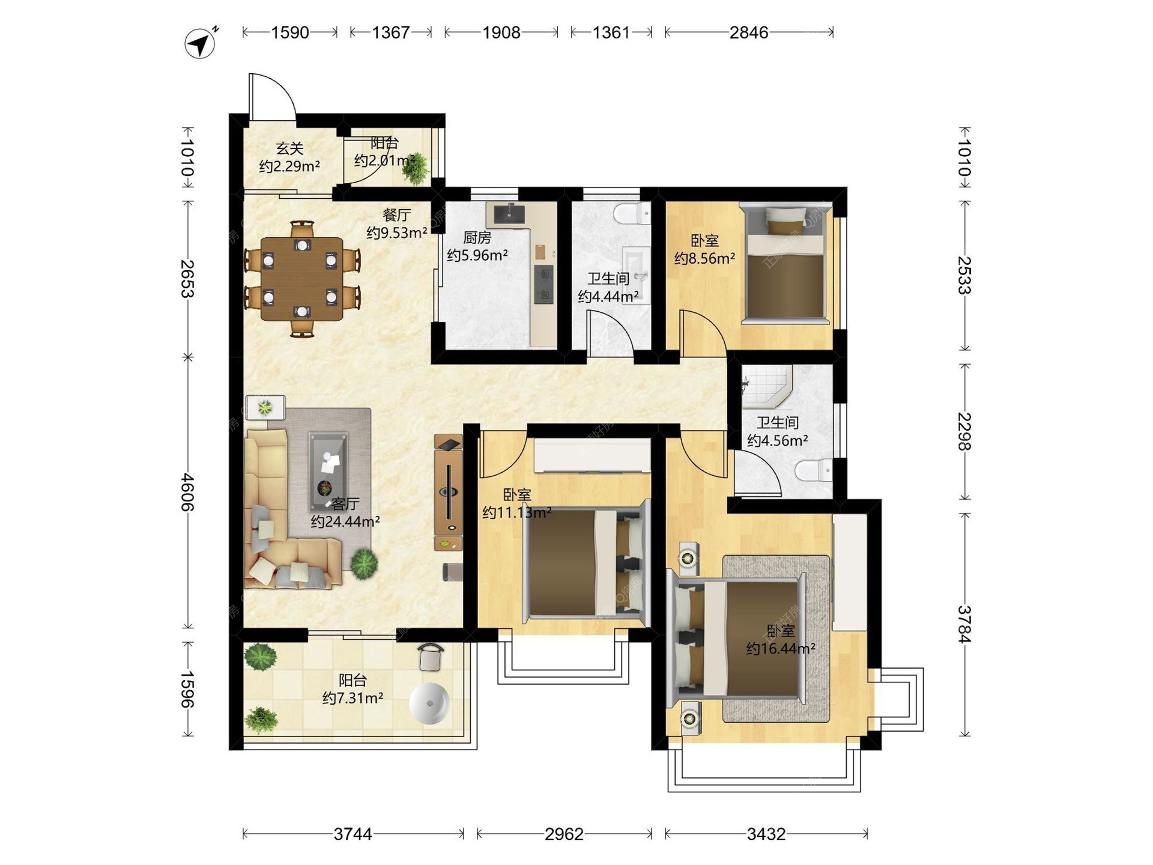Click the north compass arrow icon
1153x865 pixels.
click(x=201, y=43)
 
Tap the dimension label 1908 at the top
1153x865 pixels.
click(x=501, y=32)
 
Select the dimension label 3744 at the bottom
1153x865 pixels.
click(x=353, y=834)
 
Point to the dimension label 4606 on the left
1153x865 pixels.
click(x=187, y=492)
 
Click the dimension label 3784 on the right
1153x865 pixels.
click(x=964, y=624)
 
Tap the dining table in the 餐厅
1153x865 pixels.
click(x=302, y=279)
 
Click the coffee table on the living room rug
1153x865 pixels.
click(x=328, y=472)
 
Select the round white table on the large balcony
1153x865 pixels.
click(x=429, y=703)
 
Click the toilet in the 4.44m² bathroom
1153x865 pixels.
click(x=632, y=212)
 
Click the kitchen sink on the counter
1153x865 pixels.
click(x=509, y=213)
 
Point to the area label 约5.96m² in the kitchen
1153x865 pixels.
click(x=477, y=255)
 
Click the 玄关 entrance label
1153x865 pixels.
click(x=289, y=148)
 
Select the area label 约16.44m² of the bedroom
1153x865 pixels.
click(x=781, y=649)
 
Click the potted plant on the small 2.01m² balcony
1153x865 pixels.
click(x=415, y=168)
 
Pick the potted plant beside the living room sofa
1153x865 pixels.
click(x=364, y=564)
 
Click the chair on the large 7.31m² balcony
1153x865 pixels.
click(x=431, y=657)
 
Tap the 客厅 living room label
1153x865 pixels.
click(x=345, y=503)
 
